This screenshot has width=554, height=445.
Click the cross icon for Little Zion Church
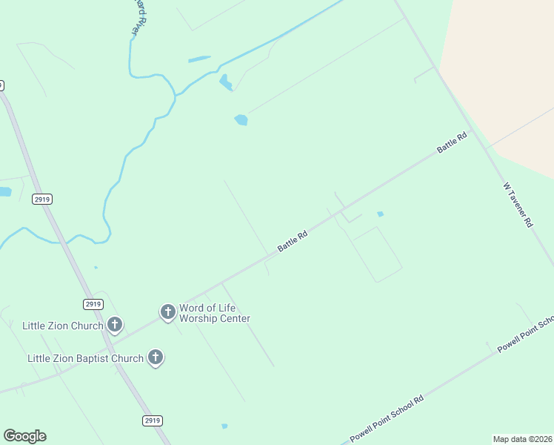115,324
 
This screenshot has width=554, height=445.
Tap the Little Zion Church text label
62,325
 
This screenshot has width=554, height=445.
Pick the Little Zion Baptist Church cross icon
156,358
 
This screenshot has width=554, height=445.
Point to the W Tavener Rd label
518,205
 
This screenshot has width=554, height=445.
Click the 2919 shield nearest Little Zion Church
92,304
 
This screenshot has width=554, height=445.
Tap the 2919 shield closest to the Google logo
151,421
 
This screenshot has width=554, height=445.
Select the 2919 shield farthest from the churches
42,199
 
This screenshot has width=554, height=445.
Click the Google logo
25,436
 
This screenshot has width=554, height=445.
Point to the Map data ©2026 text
522,439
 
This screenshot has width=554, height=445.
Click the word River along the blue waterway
136,22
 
